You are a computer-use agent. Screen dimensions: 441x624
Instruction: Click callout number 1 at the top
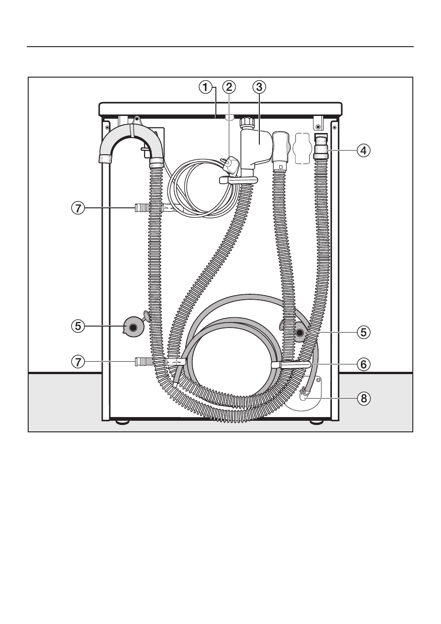205,87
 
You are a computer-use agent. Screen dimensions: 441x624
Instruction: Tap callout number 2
229,87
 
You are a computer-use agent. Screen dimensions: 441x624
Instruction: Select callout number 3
259,87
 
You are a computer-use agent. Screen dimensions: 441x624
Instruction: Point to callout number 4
363,151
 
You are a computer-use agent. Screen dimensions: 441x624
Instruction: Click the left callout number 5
78,326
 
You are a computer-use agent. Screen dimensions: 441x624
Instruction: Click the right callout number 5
363,333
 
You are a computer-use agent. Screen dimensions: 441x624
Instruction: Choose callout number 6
363,364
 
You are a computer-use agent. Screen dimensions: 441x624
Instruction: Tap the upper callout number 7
78,208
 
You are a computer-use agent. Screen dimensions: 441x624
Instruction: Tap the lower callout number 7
78,362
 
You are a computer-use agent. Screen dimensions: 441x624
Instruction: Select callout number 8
363,399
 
